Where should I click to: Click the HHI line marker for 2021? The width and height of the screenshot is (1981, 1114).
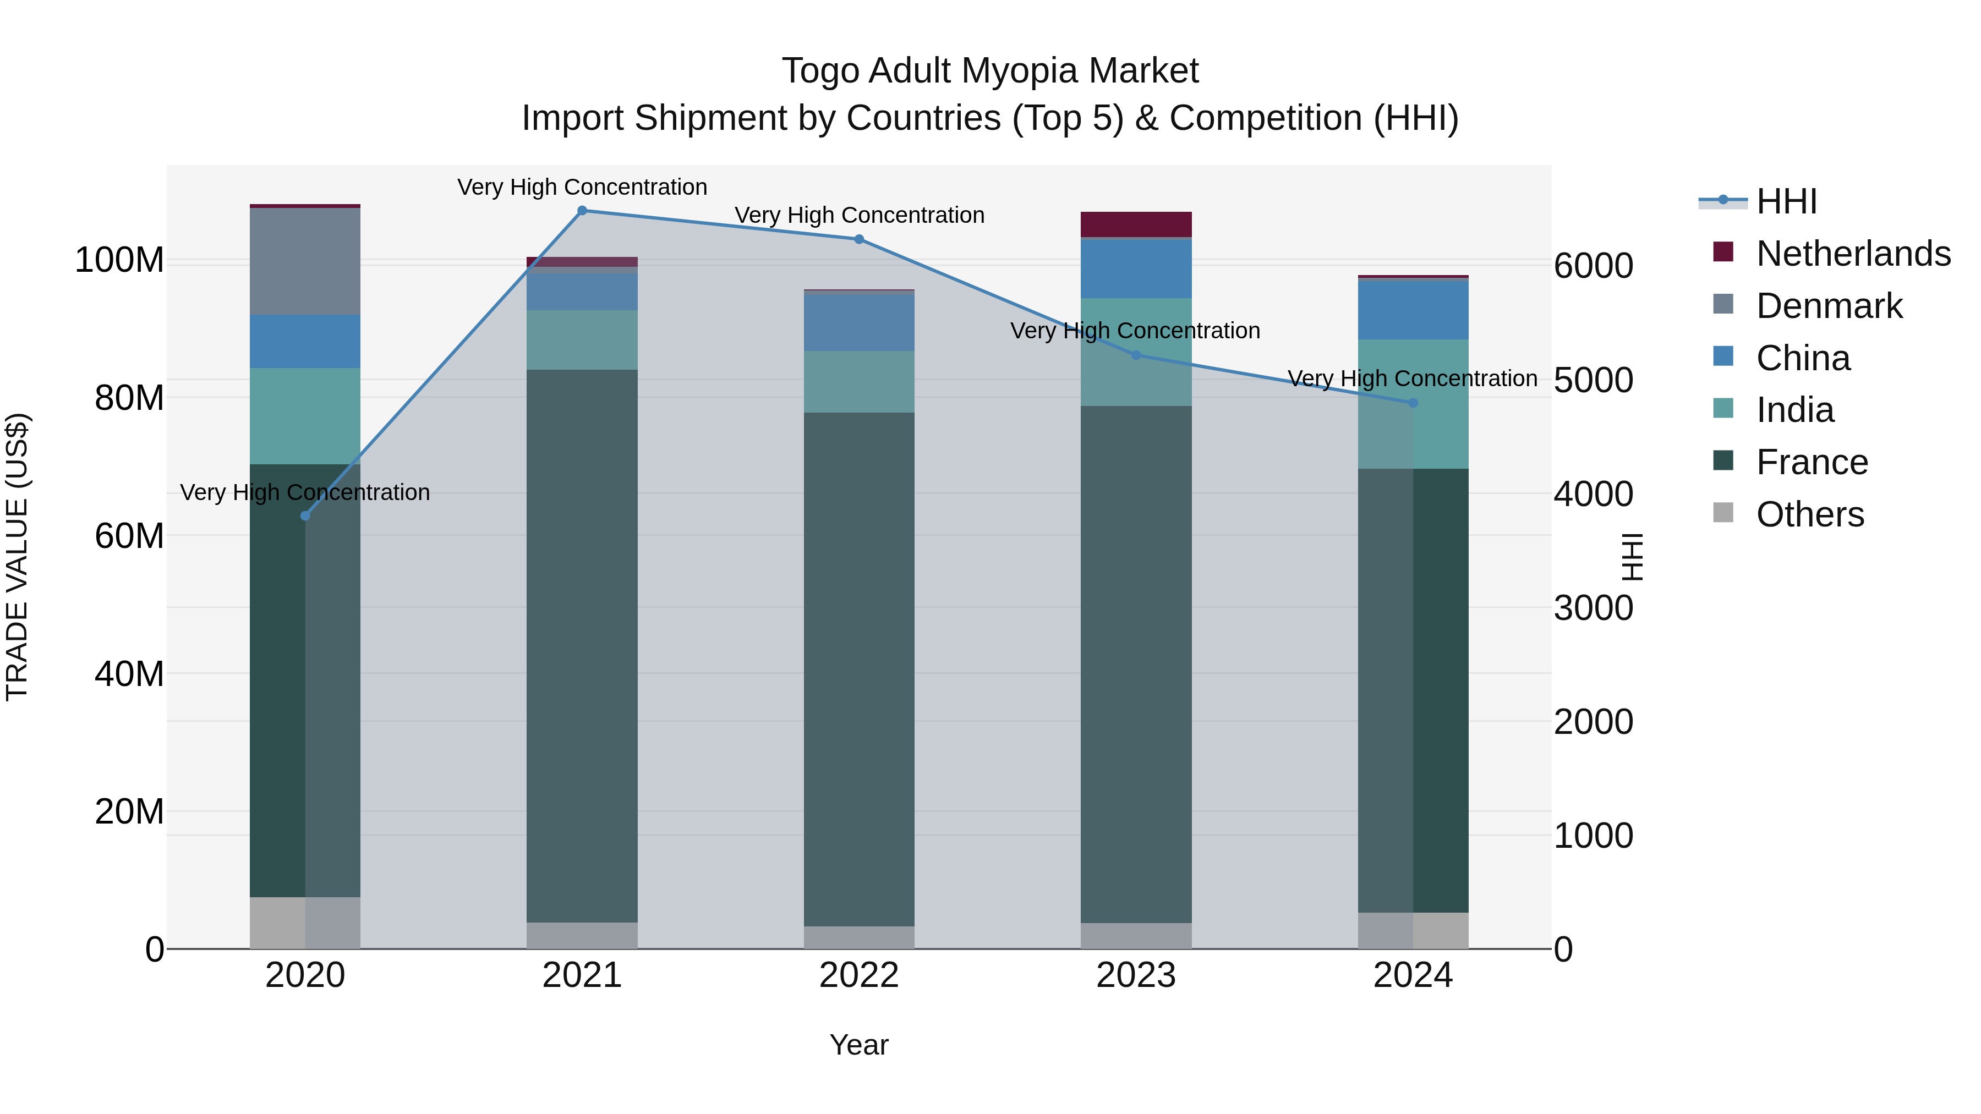(582, 211)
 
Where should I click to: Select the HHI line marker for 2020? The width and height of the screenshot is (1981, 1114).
(305, 516)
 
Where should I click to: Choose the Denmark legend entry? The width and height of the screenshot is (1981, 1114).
(1829, 306)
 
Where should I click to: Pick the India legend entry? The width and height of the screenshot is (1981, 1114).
(1795, 410)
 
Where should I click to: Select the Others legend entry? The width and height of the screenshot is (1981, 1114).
(1809, 514)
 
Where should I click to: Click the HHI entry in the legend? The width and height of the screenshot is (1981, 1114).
(1786, 201)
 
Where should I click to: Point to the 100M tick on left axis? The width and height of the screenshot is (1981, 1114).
(119, 261)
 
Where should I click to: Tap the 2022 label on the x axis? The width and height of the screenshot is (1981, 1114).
(859, 975)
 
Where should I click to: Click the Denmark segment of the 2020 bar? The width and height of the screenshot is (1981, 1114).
(305, 261)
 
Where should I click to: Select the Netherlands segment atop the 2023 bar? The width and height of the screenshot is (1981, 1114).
(1136, 224)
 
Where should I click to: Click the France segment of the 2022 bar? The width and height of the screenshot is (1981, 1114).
(859, 669)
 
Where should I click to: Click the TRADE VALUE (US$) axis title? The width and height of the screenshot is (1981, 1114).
(17, 557)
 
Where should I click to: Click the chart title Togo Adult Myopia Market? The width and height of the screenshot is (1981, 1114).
(990, 71)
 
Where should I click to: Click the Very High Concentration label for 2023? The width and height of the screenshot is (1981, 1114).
(1135, 331)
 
